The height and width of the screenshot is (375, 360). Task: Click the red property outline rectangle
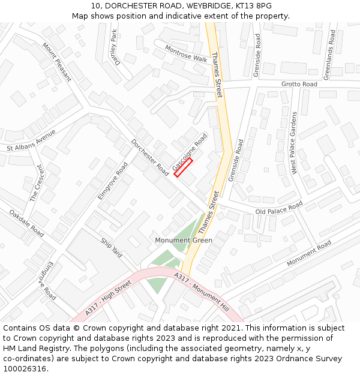pyautogui.click(x=183, y=167)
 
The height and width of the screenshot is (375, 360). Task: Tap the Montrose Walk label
pyautogui.click(x=186, y=54)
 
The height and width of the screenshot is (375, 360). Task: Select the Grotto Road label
pyautogui.click(x=299, y=85)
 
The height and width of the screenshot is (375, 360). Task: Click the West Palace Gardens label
pyautogui.click(x=294, y=143)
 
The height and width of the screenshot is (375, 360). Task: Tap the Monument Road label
pyautogui.click(x=308, y=254)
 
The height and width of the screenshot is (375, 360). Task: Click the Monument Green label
pyautogui.click(x=184, y=241)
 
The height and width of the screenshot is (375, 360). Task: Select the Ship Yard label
pyautogui.click(x=112, y=248)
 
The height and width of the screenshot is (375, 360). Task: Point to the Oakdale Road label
pyautogui.click(x=27, y=222)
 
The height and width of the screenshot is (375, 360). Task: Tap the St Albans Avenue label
pyautogui.click(x=31, y=140)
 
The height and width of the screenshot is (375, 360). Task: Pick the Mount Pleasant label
pyautogui.click(x=56, y=62)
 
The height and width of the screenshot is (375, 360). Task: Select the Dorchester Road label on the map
pyautogui.click(x=150, y=157)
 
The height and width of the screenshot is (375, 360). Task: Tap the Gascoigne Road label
pyautogui.click(x=190, y=151)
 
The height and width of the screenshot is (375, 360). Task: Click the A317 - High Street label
pyautogui.click(x=108, y=299)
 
